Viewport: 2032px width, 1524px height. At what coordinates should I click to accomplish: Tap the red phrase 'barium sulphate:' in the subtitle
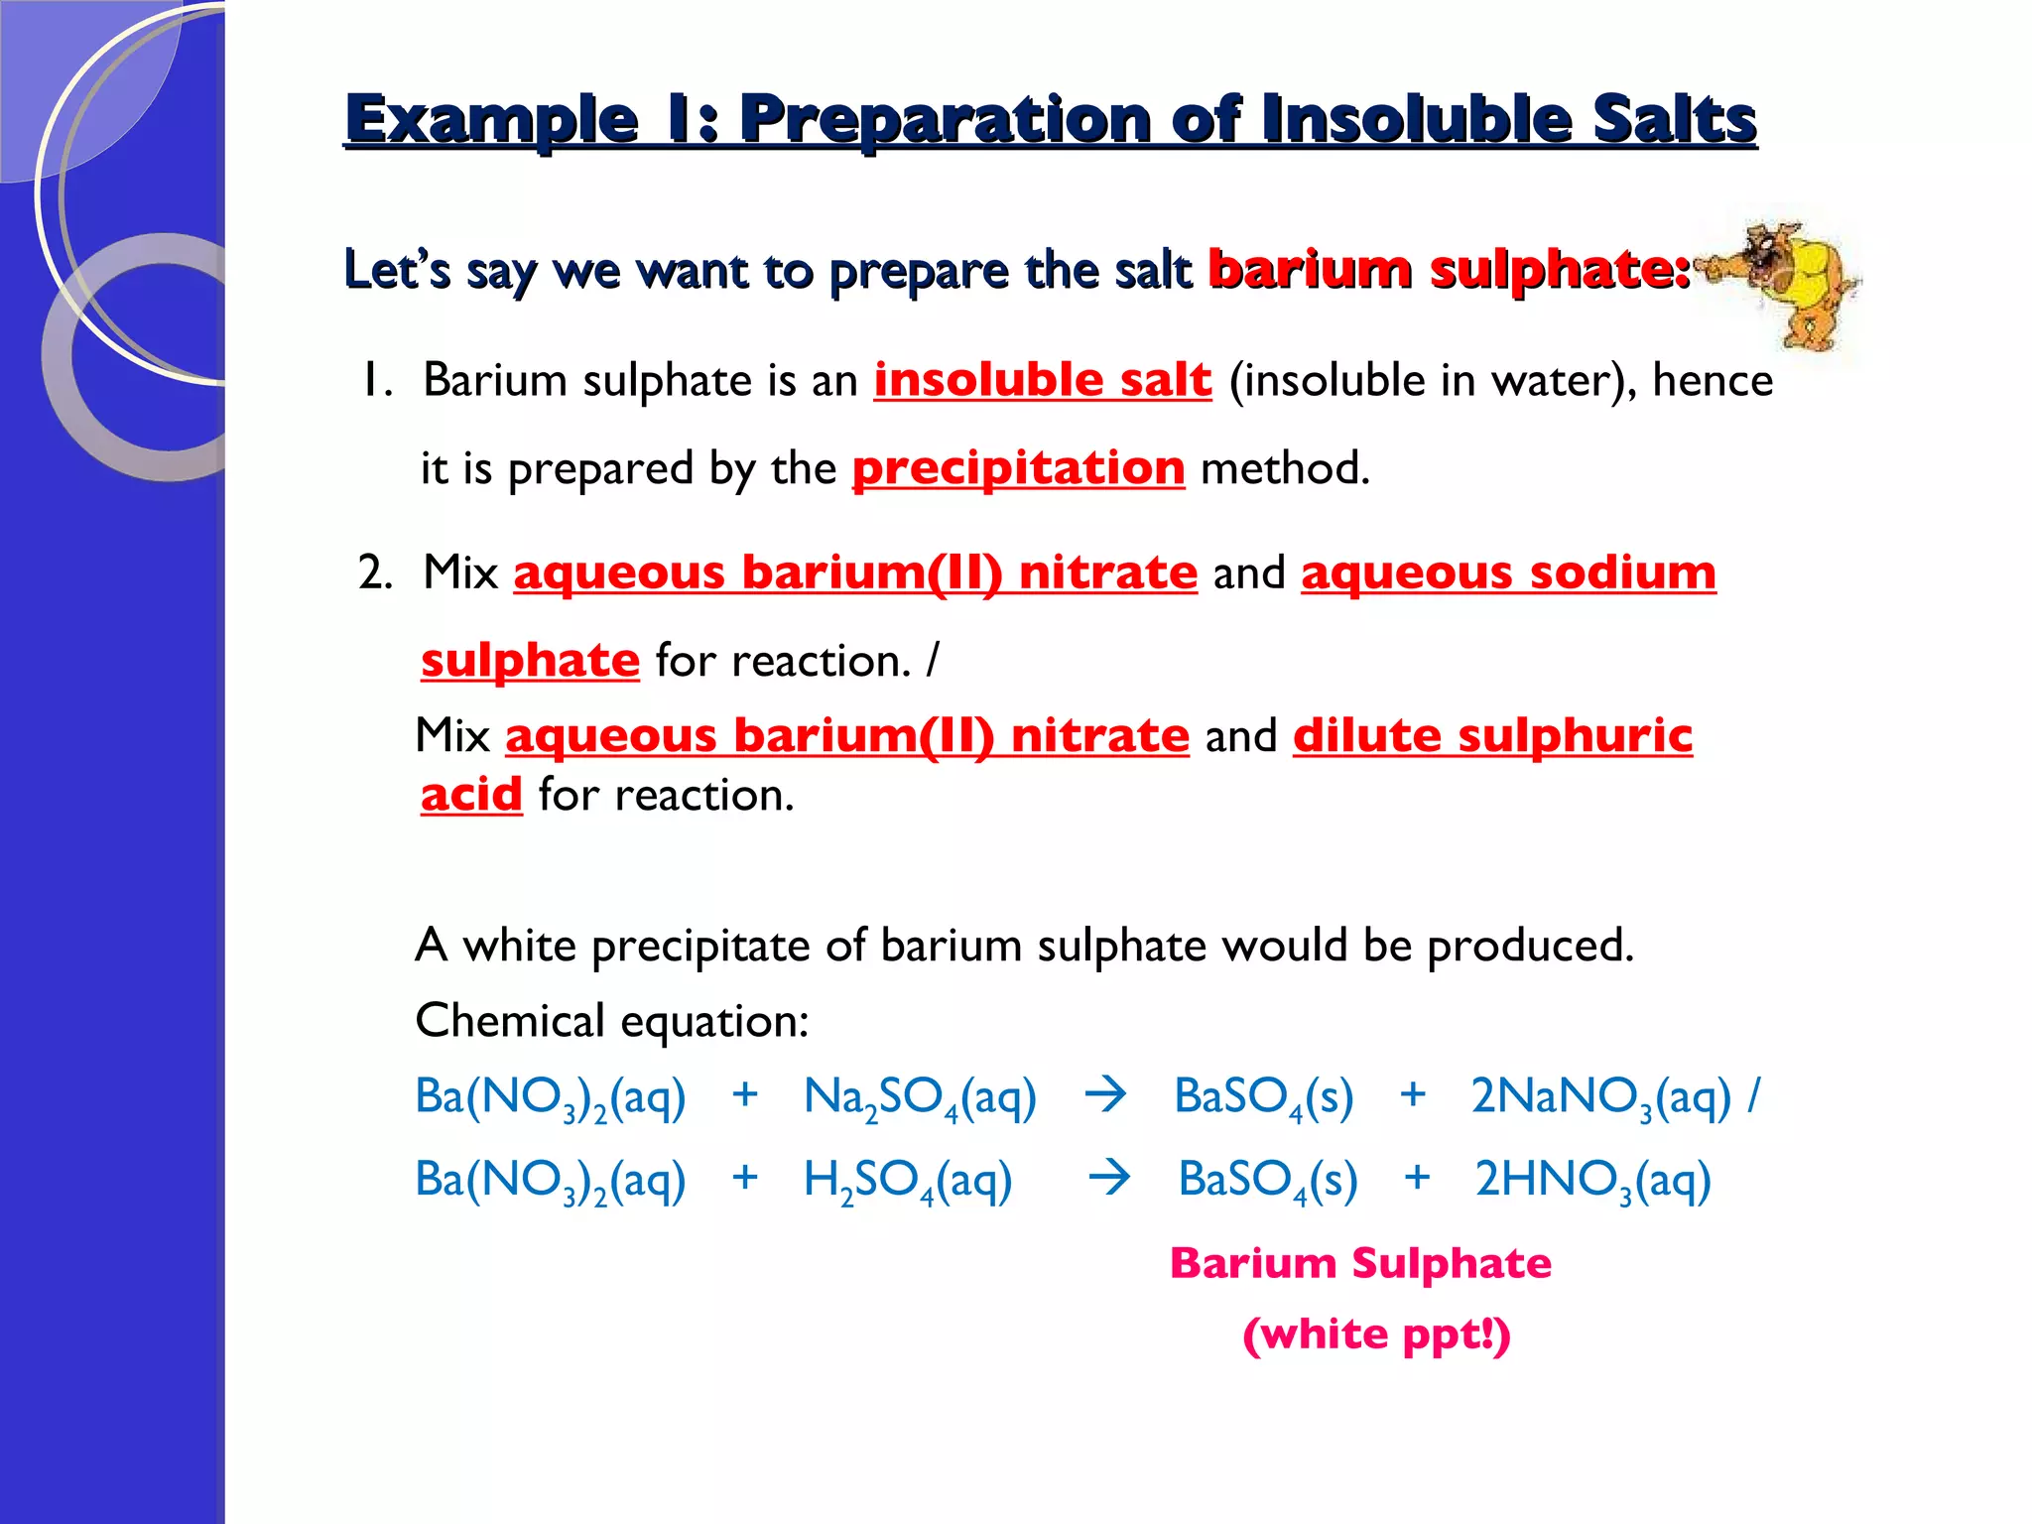tap(1449, 269)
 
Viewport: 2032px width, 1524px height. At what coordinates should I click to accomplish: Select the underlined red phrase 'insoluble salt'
tap(1042, 380)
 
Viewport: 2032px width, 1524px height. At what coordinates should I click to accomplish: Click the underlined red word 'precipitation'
tap(1018, 468)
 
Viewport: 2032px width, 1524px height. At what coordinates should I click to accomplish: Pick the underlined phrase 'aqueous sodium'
tap(1508, 572)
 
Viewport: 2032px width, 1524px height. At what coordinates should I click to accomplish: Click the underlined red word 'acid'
tap(471, 795)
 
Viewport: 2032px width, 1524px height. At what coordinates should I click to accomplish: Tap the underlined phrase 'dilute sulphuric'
tap(1492, 735)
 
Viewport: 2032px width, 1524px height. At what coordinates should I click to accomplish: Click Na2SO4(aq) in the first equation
tap(920, 1098)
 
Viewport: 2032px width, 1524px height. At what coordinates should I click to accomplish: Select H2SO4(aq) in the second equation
tap(907, 1181)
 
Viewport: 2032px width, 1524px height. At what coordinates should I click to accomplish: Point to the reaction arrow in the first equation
tap(1105, 1095)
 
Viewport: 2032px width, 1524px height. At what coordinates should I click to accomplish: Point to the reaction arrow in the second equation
tap(1109, 1179)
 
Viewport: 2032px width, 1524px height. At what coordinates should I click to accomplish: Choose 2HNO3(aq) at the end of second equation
tap(1592, 1181)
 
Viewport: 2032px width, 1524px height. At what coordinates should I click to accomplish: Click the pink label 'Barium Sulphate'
tap(1360, 1264)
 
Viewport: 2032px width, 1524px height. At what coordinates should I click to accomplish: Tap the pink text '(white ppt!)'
tap(1376, 1334)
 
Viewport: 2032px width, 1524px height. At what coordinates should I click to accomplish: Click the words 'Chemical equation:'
tap(612, 1021)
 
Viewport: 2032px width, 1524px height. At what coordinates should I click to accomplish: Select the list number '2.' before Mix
tap(375, 573)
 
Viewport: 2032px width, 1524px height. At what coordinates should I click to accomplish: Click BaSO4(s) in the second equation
tap(1267, 1181)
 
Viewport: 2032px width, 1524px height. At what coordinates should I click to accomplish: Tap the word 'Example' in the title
tap(491, 121)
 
